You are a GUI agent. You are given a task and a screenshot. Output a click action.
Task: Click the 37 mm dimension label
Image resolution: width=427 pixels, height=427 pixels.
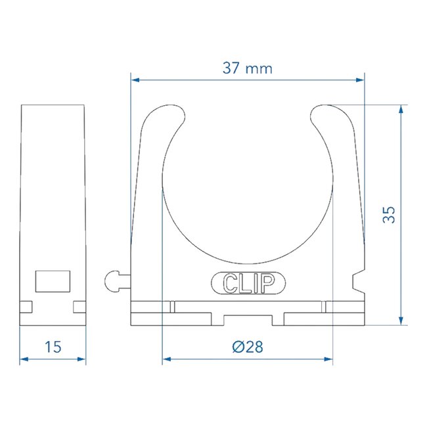pos(246,68)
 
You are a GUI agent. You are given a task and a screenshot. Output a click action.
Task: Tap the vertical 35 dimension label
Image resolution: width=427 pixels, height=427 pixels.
pos(390,214)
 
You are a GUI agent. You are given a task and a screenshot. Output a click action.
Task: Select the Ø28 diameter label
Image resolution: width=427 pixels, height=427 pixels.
pos(247,347)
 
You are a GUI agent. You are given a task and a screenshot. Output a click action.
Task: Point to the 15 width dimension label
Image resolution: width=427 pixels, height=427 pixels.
pos(53,347)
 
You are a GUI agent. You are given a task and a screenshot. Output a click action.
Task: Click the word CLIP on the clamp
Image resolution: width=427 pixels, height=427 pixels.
pos(248,283)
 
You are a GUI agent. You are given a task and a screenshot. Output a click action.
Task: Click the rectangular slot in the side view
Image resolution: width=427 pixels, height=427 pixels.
pos(53,281)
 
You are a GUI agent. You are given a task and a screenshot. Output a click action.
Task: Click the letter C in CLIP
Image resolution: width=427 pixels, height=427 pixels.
pos(231,283)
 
